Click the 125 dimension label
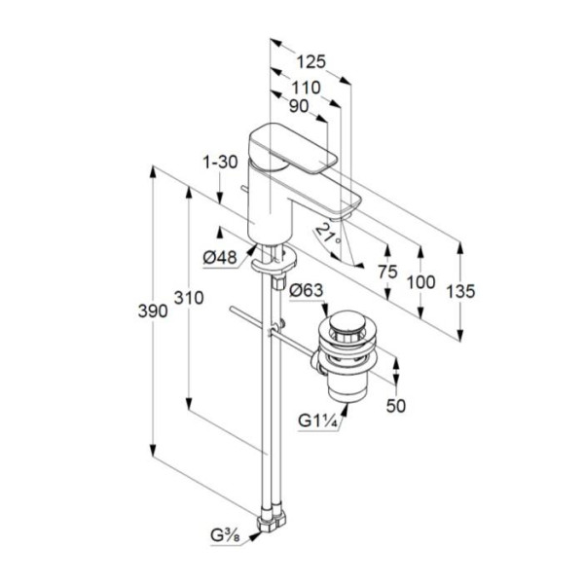[x=310, y=61]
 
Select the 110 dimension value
[x=306, y=88]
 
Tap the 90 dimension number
[x=299, y=106]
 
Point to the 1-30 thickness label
[x=220, y=162]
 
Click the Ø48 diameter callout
[x=220, y=257]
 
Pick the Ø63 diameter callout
[x=307, y=290]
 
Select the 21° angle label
[x=328, y=234]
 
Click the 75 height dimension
[x=387, y=272]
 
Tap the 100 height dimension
[x=420, y=282]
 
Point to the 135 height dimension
[x=460, y=291]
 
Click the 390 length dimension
[x=153, y=310]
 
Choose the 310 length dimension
[x=189, y=298]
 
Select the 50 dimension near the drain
[x=395, y=406]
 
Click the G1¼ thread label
[x=317, y=421]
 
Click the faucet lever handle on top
[x=293, y=148]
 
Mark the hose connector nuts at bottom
[x=273, y=519]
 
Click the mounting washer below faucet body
[x=274, y=260]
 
